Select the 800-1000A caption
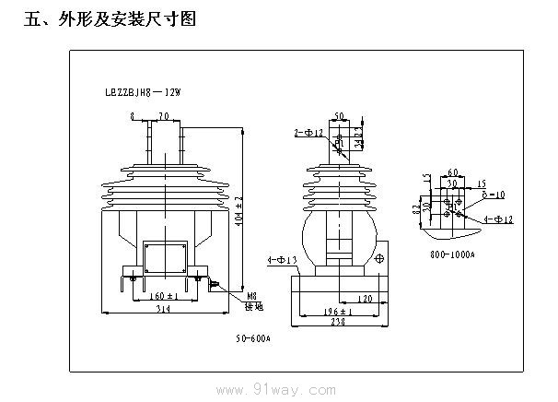pos(453,253)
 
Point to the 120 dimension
pos(364,301)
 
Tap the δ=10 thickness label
pos(494,195)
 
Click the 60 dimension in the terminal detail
pos(452,172)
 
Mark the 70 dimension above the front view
pos(164,116)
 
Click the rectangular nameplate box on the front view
pos(166,257)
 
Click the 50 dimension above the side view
pos(340,117)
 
